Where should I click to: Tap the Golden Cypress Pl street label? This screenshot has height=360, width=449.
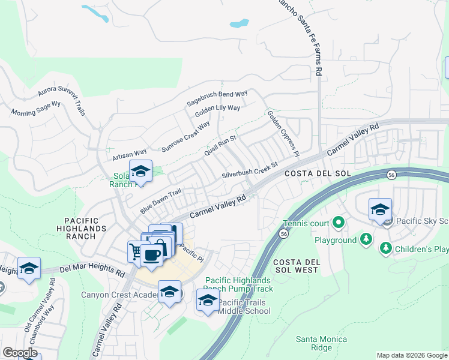282,133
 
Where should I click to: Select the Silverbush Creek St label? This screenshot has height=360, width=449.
250,169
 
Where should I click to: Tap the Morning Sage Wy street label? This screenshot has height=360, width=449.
36,108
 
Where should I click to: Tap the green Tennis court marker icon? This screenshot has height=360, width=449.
338,224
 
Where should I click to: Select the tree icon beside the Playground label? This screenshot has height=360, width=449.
366,240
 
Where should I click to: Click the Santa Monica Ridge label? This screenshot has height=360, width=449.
322,343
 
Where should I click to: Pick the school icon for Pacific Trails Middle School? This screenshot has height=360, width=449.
208,299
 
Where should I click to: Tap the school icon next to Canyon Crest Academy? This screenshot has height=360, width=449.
170,292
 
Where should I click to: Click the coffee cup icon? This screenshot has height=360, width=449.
151,254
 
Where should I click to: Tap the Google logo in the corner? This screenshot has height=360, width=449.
20,353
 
